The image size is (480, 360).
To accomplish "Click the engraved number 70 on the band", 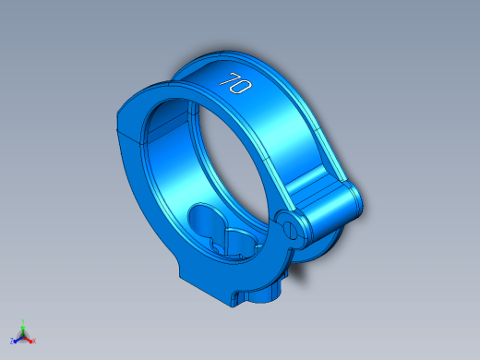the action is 235,83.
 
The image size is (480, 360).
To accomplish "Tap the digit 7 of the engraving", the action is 228,79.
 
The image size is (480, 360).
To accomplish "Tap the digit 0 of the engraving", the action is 242,87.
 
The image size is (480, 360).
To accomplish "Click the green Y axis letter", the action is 23,321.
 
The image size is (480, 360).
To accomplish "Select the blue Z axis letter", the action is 12,341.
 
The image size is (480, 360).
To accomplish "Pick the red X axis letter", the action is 34,341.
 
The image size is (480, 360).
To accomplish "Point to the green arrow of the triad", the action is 23,330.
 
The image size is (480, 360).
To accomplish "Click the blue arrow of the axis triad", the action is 18,341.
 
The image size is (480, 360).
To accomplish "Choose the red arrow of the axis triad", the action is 28,341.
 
